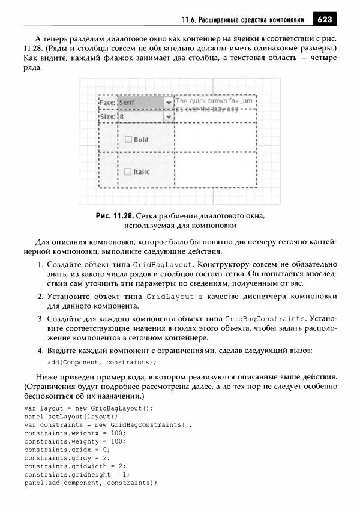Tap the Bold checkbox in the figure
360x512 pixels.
click(x=127, y=140)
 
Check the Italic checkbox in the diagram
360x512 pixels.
click(x=127, y=172)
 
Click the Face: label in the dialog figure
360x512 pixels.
click(x=107, y=103)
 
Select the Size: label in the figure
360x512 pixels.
click(x=107, y=116)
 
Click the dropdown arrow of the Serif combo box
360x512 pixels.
click(x=169, y=103)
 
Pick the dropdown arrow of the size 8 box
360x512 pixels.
click(x=169, y=116)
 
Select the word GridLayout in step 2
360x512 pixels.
click(x=170, y=297)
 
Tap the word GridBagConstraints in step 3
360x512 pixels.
click(x=265, y=318)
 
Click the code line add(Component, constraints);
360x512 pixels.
click(x=102, y=362)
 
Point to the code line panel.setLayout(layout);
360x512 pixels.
click(x=71, y=416)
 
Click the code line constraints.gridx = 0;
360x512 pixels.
click(x=67, y=449)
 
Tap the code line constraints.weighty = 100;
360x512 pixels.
click(x=75, y=441)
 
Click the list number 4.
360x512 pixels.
click(x=39, y=351)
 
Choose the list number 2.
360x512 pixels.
click(x=39, y=297)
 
